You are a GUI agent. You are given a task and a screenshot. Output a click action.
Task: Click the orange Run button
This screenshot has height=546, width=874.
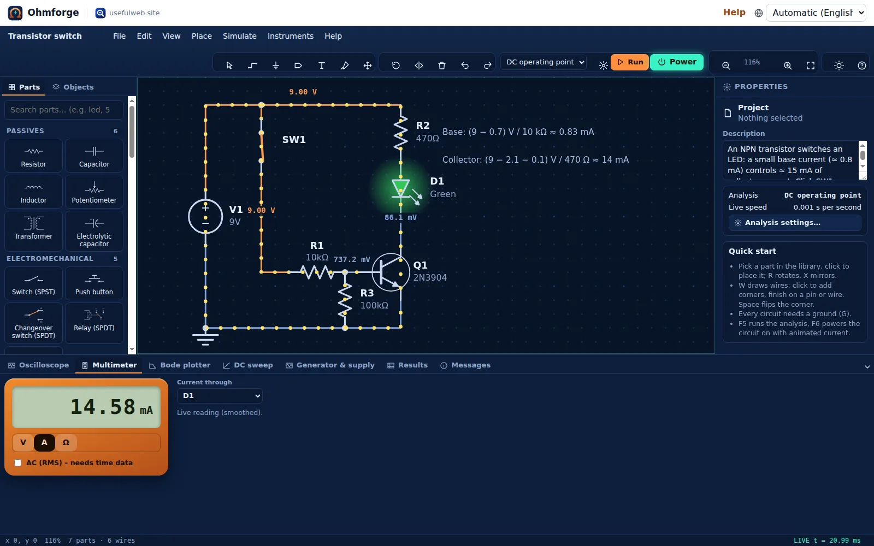tap(630, 62)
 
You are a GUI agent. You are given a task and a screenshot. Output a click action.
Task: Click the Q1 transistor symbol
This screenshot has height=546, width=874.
tap(391, 272)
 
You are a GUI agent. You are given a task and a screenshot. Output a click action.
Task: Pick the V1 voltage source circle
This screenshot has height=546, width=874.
tap(205, 216)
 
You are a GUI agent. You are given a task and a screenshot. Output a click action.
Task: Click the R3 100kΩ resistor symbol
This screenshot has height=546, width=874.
tap(345, 300)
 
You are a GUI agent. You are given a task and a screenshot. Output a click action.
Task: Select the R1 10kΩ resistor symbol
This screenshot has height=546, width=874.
tap(317, 272)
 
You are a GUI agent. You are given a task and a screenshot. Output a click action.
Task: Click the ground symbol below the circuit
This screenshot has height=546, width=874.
tap(205, 338)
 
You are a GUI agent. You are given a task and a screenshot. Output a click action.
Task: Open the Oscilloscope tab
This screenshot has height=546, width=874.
tap(39, 365)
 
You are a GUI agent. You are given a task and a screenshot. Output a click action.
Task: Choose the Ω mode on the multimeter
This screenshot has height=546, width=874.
tap(66, 442)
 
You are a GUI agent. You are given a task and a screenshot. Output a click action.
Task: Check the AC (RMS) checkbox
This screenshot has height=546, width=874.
tap(18, 462)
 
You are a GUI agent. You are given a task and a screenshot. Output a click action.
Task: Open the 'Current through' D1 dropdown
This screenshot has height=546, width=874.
tap(220, 395)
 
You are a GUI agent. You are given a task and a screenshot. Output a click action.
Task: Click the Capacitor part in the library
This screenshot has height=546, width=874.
tap(94, 156)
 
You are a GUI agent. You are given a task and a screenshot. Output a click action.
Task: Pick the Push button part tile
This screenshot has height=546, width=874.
tap(94, 283)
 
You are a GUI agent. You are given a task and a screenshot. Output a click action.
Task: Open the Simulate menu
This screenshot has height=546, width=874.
tap(240, 36)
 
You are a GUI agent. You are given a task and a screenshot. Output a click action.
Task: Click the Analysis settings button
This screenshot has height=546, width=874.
tap(795, 223)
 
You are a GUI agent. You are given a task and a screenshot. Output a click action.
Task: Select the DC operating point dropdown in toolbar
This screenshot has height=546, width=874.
tap(544, 62)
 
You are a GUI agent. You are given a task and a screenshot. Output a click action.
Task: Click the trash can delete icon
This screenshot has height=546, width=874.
tap(442, 65)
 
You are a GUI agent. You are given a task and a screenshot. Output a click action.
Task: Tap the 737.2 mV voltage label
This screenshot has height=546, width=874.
tap(352, 259)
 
